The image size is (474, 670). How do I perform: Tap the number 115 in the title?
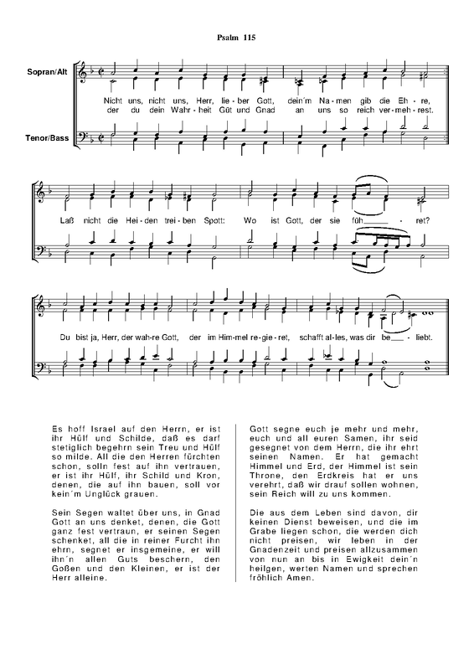click(x=250, y=38)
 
